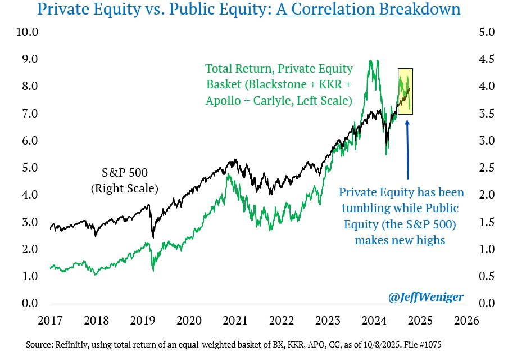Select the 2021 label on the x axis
(x=235, y=321)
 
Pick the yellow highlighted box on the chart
(x=405, y=91)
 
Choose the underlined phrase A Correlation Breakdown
(x=369, y=10)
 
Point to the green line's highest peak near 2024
(x=370, y=61)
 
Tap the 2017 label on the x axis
(x=50, y=321)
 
